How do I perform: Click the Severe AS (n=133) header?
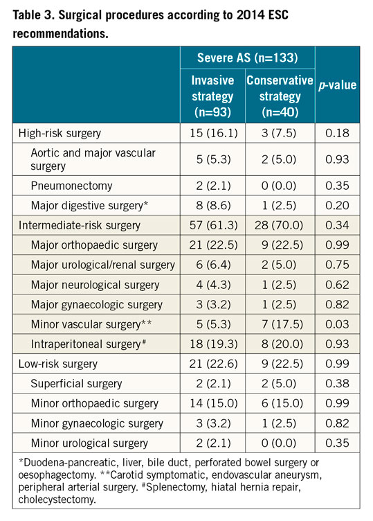(246, 56)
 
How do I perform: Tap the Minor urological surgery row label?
(89, 443)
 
